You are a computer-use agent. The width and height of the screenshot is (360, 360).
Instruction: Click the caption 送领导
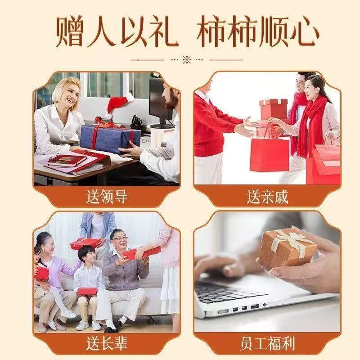[107, 197]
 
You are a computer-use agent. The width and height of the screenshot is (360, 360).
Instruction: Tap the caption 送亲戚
[267, 197]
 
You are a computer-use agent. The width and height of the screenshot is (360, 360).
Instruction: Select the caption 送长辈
[107, 344]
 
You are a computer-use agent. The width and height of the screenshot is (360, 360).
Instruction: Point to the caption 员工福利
[267, 344]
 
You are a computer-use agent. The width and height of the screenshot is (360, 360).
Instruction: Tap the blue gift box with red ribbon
[108, 138]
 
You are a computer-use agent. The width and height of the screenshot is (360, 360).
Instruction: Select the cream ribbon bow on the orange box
[292, 238]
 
